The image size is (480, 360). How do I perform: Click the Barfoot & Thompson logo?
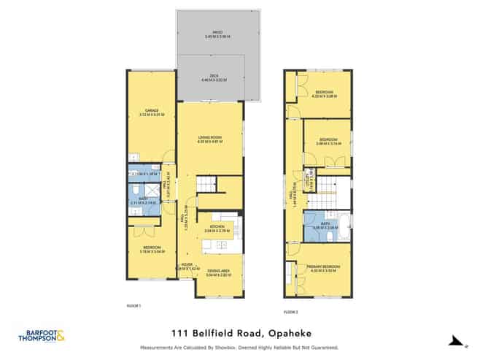click(41, 336)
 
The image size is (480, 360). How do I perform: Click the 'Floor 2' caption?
click(291, 311)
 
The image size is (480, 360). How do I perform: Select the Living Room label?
click(210, 139)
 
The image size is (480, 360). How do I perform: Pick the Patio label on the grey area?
click(217, 33)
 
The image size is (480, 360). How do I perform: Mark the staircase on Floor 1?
click(205, 185)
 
